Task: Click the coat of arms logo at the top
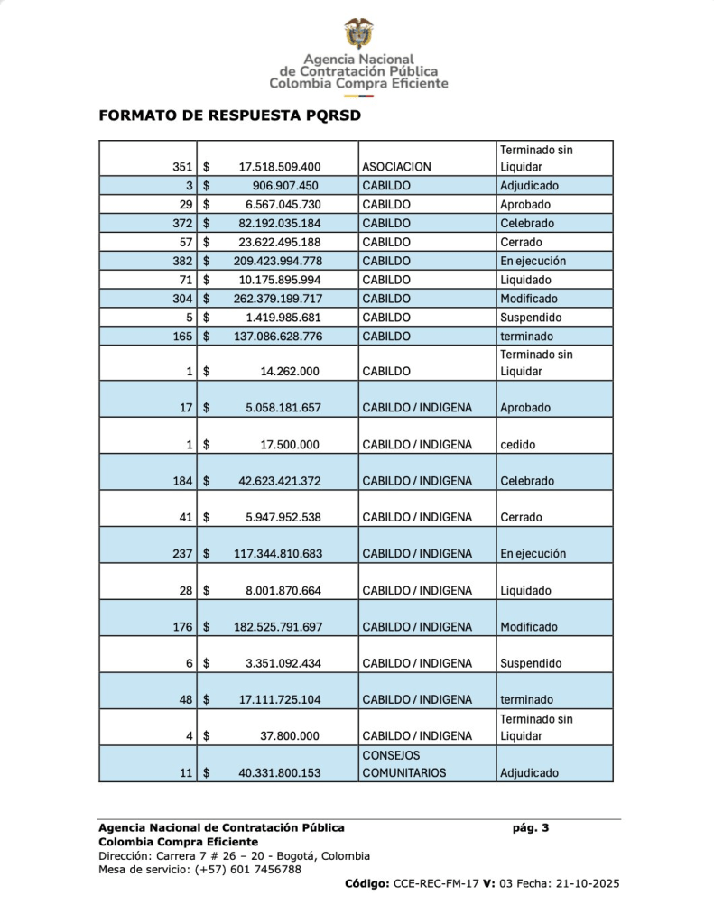pyautogui.click(x=358, y=33)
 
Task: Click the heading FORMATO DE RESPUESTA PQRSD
pyautogui.click(x=229, y=116)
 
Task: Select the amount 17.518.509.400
pyautogui.click(x=280, y=167)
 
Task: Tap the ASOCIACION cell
pyautogui.click(x=396, y=167)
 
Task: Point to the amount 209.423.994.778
pyautogui.click(x=271, y=261)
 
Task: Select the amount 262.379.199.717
pyautogui.click(x=271, y=299)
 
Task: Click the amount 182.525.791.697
pyautogui.click(x=271, y=627)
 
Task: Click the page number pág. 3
pyautogui.click(x=531, y=827)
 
